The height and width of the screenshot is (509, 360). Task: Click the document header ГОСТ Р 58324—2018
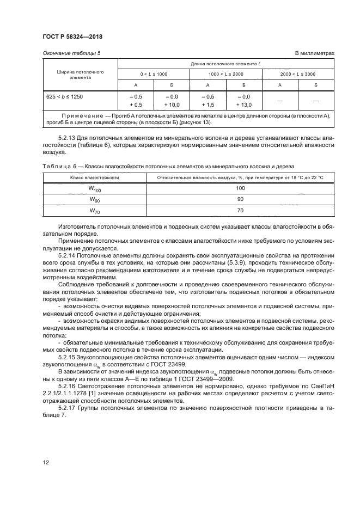72,36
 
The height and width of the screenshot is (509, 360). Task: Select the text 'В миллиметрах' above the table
314,53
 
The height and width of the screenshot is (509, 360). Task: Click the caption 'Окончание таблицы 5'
71,53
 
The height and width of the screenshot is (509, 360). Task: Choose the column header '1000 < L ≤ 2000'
225,73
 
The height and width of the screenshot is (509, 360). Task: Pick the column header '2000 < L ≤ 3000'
297,73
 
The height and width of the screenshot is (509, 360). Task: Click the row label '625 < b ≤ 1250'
64,96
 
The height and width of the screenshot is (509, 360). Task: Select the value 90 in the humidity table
240,199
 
